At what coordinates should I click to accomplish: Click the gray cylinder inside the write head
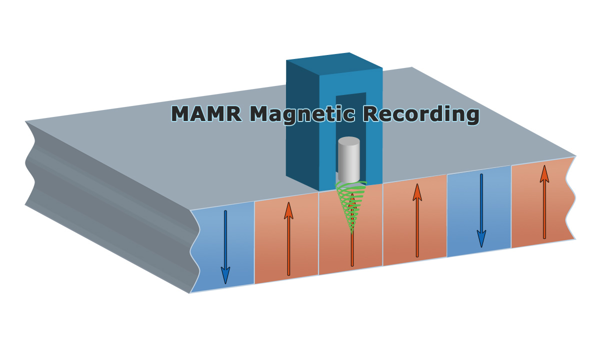[348, 162]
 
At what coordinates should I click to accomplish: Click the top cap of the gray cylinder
[348, 141]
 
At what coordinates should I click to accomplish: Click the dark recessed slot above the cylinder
[351, 115]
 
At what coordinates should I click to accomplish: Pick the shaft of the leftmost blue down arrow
[225, 240]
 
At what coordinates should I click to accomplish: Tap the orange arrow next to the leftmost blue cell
[288, 245]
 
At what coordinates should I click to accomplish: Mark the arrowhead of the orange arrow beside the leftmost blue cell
[288, 210]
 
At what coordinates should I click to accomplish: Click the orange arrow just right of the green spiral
[417, 225]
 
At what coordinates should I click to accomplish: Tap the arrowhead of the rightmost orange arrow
[544, 174]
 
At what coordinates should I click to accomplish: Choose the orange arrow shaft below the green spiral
[352, 250]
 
